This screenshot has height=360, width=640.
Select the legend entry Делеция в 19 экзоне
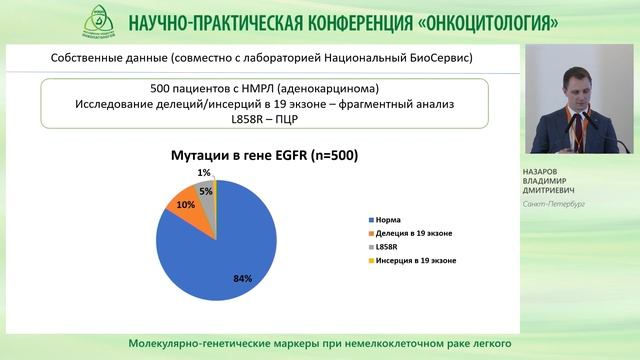pos(410,232)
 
